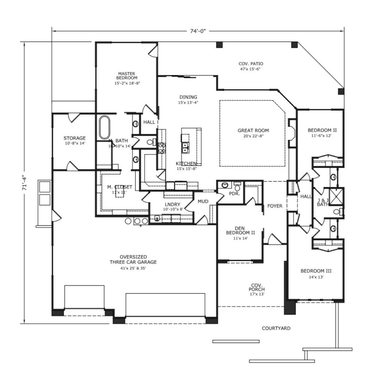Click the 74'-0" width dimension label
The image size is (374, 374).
pos(198,31)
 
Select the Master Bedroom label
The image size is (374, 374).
pos(127,76)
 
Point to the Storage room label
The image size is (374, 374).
pos(75,138)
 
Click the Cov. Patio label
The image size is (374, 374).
pos(251,64)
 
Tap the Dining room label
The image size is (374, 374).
pos(188,97)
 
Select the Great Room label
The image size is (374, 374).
pos(253,130)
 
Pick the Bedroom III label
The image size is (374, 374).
pos(316,271)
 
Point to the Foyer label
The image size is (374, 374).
pos(275,206)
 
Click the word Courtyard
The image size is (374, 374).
pos(276,328)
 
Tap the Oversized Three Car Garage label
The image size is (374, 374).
pos(133,259)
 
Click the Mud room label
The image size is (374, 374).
pos(203,202)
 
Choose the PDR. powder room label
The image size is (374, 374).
pos(234,194)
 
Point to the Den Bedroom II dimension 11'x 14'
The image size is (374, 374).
pos(240,238)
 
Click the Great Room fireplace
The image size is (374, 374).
pos(292,133)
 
